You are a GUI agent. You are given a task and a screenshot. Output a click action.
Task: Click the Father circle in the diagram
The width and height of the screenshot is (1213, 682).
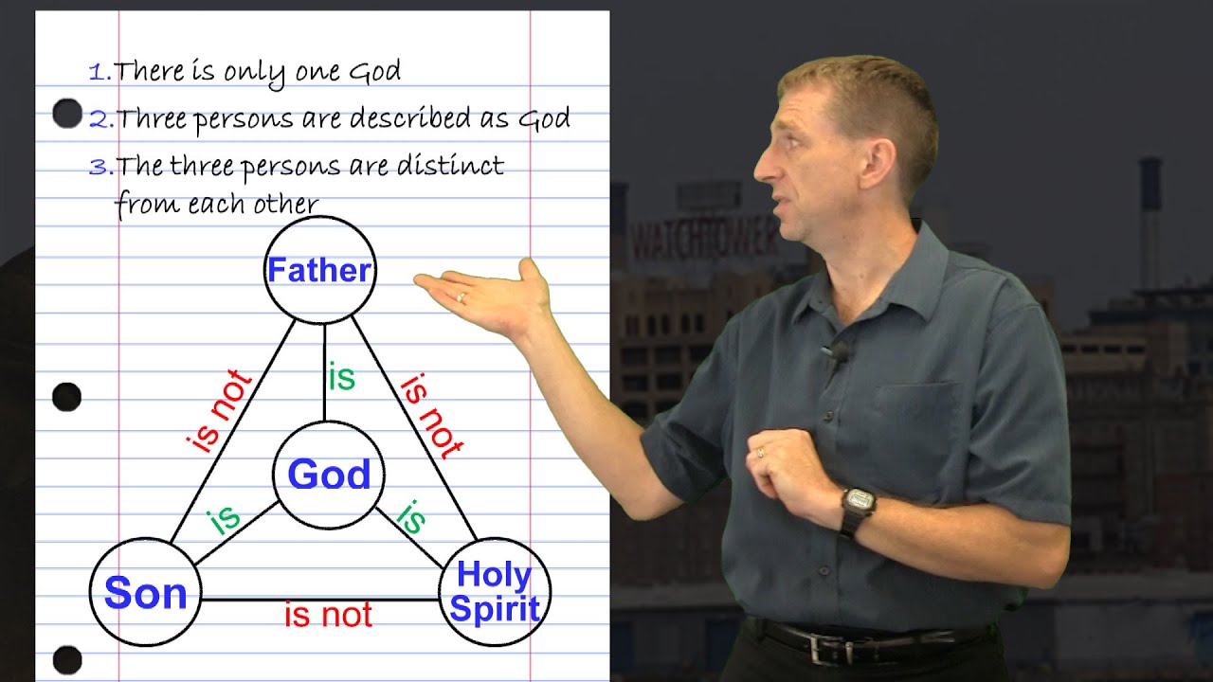(x=319, y=271)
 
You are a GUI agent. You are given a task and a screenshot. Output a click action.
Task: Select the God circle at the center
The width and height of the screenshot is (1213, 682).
(x=329, y=475)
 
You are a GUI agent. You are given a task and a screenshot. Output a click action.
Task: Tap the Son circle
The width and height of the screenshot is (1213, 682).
(x=145, y=593)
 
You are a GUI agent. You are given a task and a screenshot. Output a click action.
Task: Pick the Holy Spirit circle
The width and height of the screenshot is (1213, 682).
(x=494, y=592)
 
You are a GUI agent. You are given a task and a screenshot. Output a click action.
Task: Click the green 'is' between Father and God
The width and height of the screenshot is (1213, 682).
(x=341, y=377)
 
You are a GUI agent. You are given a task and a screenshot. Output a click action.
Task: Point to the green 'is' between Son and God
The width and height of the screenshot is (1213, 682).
(x=224, y=519)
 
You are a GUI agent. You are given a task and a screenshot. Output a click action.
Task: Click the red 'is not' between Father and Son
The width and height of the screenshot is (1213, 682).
(x=220, y=412)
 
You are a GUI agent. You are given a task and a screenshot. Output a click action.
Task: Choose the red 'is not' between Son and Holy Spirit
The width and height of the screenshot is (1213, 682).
(x=328, y=616)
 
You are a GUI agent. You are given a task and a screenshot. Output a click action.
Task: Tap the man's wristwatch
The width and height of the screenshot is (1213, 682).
(x=859, y=503)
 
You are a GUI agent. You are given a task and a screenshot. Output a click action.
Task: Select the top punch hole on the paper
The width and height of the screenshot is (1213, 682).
(x=67, y=114)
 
